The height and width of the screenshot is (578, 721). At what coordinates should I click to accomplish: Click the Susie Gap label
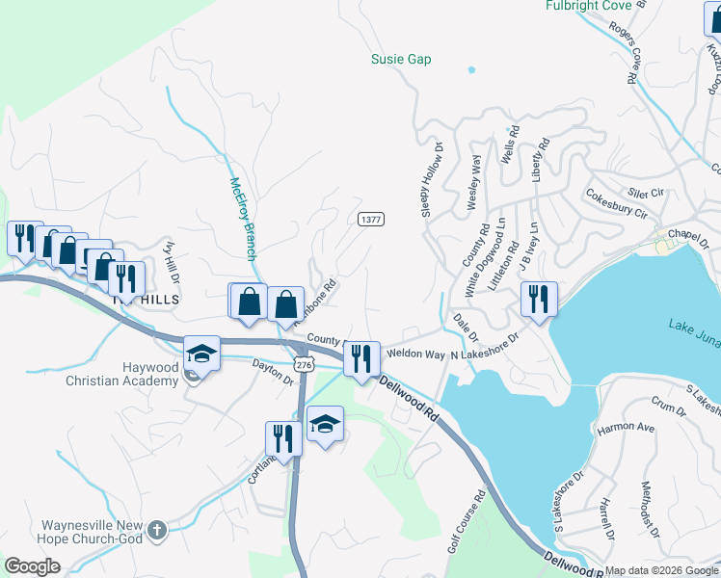coord(401,60)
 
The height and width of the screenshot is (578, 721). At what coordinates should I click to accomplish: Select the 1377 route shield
coord(371,219)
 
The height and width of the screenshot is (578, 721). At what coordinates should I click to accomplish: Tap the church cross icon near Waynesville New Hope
coord(158,529)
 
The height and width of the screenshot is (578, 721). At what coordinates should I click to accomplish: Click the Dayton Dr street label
coord(272,373)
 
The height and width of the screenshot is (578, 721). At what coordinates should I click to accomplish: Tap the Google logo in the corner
coord(32,566)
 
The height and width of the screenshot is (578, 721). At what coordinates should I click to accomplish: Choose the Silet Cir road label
coord(645,192)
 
